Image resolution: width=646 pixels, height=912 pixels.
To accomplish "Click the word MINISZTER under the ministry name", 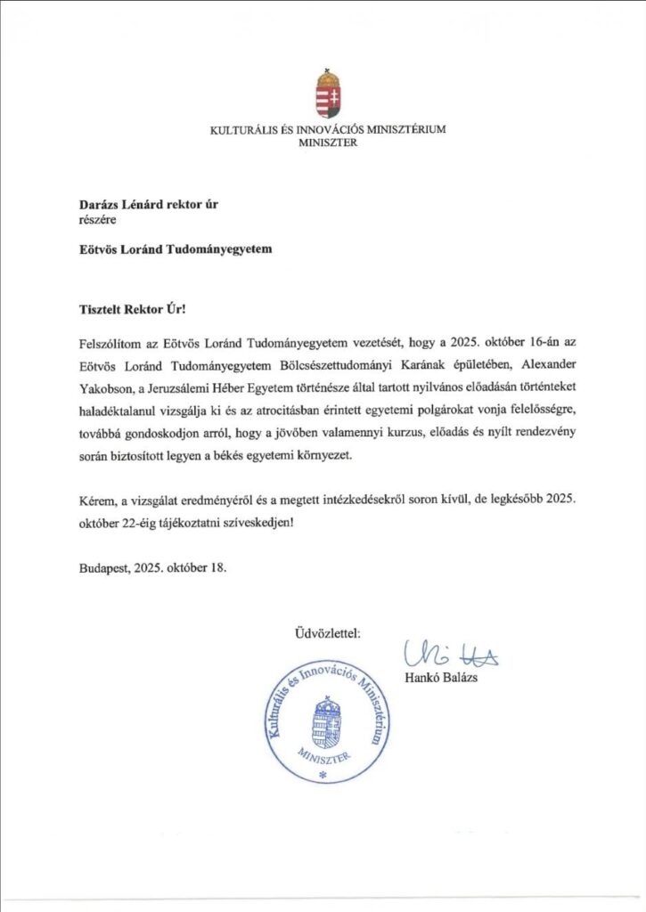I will [x=328, y=142].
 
